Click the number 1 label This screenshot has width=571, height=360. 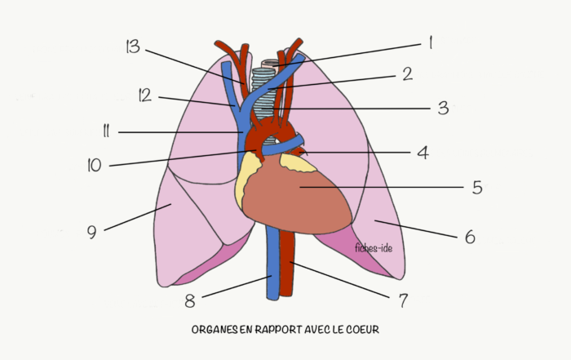pos(431,42)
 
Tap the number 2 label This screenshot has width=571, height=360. pos(408,74)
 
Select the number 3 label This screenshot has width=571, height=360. pos(443,109)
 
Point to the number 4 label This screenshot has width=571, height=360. pos(423,153)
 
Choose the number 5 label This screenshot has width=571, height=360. pos(477,187)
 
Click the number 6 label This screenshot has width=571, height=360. pos(470,237)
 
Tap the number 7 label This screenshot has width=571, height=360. pos(403,300)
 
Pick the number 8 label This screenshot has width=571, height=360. pos(190,301)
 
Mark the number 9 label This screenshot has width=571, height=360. pos(91,232)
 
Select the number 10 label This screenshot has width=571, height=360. pos(95,165)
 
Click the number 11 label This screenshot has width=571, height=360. pos(106,131)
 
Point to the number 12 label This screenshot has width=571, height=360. pos(144,96)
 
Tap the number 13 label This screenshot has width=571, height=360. pos(132,47)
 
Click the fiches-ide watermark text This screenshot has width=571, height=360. pos(374,248)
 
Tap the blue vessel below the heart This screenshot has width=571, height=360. pos(272,262)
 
